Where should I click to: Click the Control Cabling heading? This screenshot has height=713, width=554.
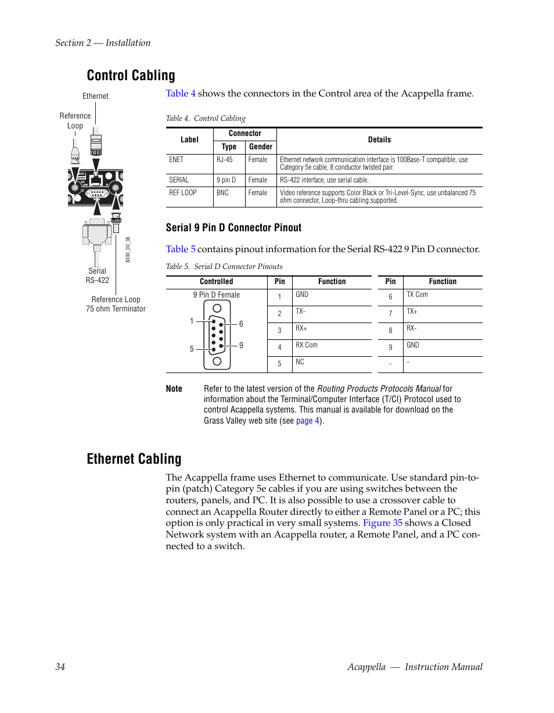pos(131,76)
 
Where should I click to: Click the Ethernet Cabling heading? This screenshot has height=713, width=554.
pos(134,459)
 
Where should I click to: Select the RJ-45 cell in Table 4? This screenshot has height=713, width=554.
pos(225,160)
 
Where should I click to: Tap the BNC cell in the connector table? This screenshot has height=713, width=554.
pos(223,193)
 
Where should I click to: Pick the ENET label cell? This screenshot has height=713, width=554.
pos(176,160)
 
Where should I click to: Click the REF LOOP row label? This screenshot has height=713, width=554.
pos(182,193)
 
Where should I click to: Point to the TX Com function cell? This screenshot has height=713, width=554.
pos(417,295)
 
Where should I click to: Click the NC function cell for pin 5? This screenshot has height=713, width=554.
pos(300,362)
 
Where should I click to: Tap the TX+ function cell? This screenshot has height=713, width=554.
pos(412,312)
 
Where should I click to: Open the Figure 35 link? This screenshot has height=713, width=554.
pos(382,523)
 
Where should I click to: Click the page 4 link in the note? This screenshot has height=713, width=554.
pos(307,421)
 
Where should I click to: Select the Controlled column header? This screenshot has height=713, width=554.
pos(216,282)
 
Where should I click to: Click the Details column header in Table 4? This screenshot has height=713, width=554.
pos(379,140)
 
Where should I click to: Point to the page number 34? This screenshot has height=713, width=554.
pos(60,667)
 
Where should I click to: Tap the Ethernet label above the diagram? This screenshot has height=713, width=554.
pos(95,96)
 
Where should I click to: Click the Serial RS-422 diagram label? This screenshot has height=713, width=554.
pos(97,275)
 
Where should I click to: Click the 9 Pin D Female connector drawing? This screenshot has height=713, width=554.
pos(217,338)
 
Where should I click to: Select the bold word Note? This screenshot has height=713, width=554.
pos(174,389)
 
